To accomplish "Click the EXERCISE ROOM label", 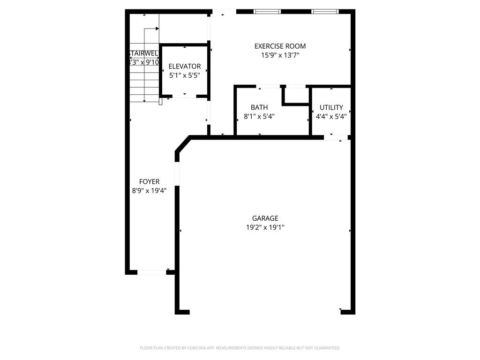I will [280, 46].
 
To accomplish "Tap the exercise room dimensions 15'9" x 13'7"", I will [280, 55].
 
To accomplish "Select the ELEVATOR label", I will [185, 67].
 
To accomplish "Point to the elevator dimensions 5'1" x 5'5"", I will [185, 75].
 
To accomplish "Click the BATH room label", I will [259, 107].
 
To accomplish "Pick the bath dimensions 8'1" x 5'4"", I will [259, 116].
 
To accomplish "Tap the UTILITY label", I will [331, 107].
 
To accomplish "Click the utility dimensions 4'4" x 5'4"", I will [331, 116].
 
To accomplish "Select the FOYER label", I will [149, 181].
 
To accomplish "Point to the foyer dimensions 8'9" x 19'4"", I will [149, 190].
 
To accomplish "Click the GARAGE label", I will [265, 218].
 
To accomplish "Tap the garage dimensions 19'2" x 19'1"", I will [265, 227].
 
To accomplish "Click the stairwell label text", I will [143, 53].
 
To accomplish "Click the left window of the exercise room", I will [267, 11].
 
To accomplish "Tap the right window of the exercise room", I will [325, 11].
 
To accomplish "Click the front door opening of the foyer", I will [152, 272].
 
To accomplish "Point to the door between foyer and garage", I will [177, 174].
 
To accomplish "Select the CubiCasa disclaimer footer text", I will [240, 348].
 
